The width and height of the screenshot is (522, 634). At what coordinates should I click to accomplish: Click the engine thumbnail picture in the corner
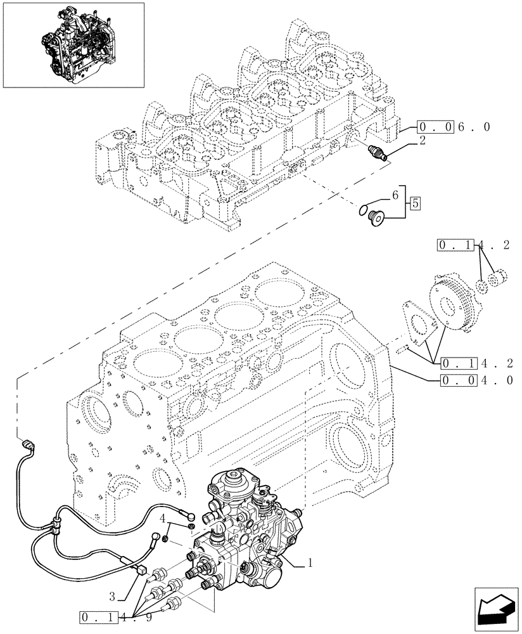point(73,45)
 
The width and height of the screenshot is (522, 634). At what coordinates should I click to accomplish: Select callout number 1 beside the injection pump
point(311,561)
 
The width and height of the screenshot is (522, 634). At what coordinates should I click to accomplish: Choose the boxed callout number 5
point(415,204)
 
